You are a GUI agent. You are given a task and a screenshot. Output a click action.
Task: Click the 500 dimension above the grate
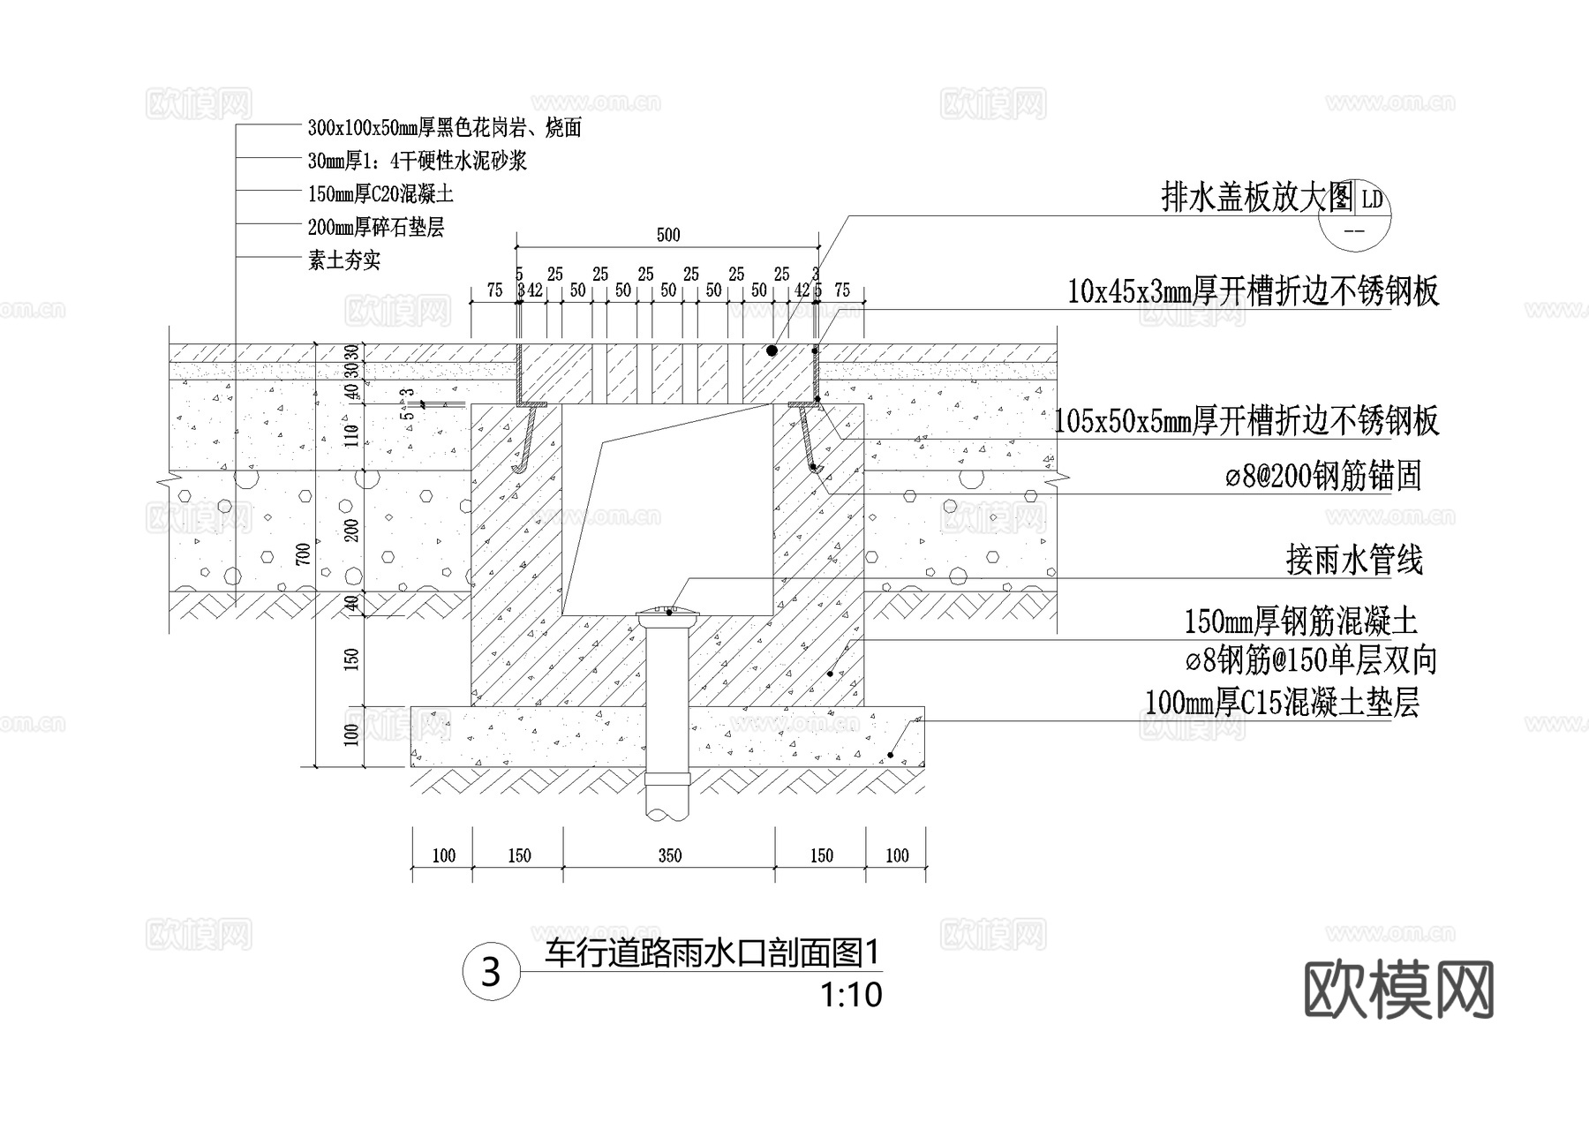[x=668, y=235]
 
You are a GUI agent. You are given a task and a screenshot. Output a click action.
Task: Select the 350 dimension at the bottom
[x=669, y=855]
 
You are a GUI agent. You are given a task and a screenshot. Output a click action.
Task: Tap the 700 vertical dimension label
[x=303, y=553]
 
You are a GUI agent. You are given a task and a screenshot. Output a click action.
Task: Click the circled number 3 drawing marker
[x=491, y=972]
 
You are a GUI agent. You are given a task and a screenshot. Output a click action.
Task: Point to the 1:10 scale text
[x=851, y=996]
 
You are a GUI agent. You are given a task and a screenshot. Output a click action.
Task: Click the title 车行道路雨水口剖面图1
[x=713, y=953]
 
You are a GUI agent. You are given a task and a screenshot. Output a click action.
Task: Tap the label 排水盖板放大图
[x=1256, y=199]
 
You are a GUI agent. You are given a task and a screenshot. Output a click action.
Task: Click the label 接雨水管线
[x=1354, y=561]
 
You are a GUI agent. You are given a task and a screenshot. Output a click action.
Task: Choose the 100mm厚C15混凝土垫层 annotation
[x=1282, y=703]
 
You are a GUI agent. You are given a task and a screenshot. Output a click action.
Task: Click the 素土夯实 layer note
[x=344, y=260]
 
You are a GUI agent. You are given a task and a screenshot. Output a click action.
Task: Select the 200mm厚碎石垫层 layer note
[x=376, y=228]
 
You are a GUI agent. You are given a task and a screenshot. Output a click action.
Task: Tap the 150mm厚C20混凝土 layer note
[x=380, y=194]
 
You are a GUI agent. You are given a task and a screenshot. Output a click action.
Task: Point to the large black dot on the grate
[x=772, y=350]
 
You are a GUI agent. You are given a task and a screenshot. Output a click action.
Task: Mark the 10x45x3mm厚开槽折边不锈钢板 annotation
[x=1254, y=291]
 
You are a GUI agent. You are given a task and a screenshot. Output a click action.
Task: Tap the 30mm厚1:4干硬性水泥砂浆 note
[x=417, y=161]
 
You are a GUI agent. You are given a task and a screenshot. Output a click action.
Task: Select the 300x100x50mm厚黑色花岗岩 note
[x=444, y=128]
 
